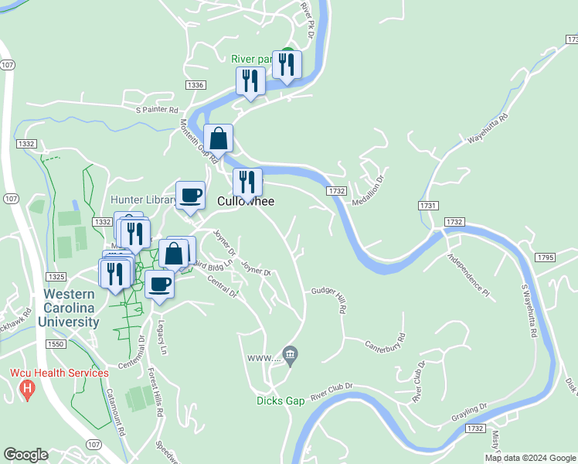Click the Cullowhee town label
coord(246,201)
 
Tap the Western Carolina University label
coord(70,308)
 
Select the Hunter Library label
coord(144,200)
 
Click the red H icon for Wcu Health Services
coord(27,388)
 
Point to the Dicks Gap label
coord(281,401)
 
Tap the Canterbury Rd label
coord(385,341)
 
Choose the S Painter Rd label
coord(158,110)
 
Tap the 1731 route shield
coord(429,206)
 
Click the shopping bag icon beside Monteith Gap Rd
coord(219,138)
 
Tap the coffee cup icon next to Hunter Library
coord(191,195)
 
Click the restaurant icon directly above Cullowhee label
coord(247,182)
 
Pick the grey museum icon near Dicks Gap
coord(290,356)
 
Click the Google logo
coord(26,455)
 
